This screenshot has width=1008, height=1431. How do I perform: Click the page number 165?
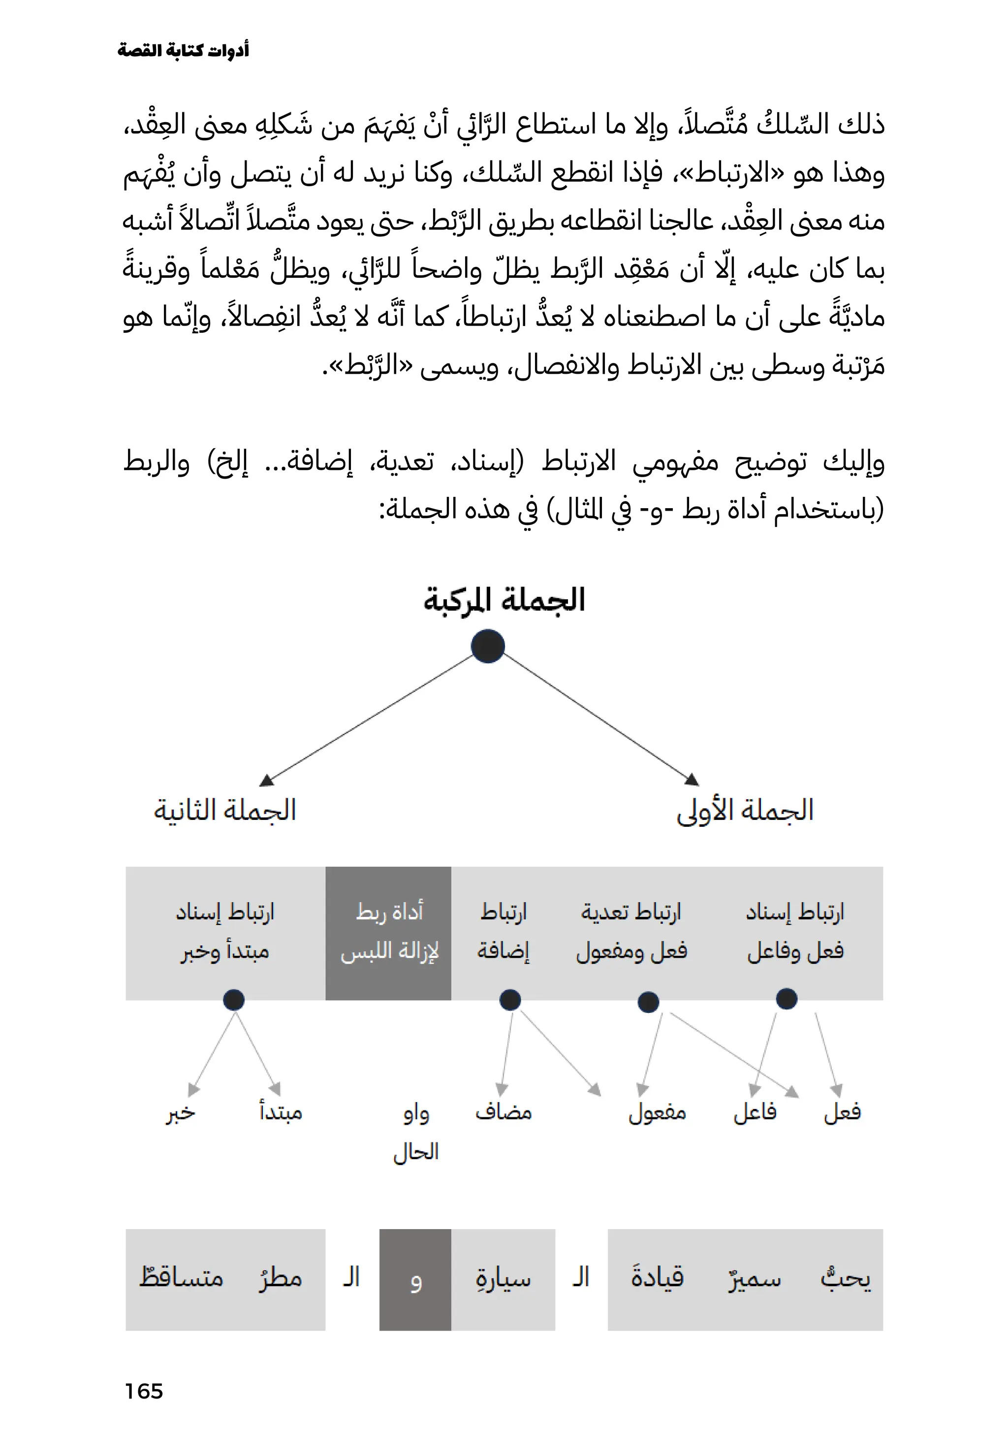tap(143, 1391)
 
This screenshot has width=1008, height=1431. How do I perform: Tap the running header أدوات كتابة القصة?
tap(183, 50)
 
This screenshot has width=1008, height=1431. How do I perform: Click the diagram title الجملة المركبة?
tap(504, 600)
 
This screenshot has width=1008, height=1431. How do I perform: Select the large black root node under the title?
tap(488, 647)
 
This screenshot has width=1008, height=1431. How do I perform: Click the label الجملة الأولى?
tap(745, 810)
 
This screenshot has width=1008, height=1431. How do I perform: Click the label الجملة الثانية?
tap(225, 810)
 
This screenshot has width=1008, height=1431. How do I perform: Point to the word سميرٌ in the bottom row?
tap(755, 1278)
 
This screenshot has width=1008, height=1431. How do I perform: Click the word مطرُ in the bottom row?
tap(281, 1278)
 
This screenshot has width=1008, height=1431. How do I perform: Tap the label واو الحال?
tap(416, 1132)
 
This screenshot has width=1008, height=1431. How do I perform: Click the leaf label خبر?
tap(181, 1112)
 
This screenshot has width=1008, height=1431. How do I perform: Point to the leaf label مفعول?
tap(657, 1112)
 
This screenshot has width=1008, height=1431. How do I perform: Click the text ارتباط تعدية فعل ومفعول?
tap(631, 932)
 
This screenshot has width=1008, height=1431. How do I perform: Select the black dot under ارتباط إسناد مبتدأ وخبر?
tap(234, 1000)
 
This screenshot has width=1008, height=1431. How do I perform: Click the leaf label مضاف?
tap(504, 1112)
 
